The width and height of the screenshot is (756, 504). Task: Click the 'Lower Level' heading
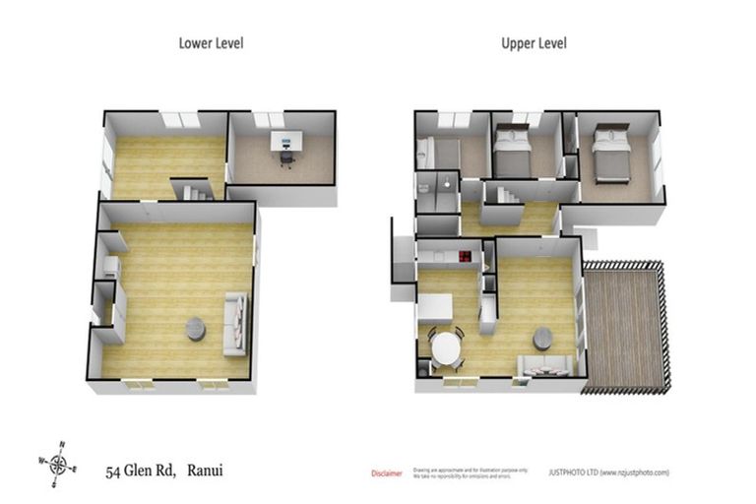211,43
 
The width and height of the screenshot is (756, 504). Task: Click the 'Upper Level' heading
534,43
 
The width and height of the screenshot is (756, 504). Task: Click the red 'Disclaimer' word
386,473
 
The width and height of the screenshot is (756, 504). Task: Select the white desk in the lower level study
286,141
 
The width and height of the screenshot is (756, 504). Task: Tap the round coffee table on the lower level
196,329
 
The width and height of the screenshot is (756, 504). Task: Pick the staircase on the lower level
191,189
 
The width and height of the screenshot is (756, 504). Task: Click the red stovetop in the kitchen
464,258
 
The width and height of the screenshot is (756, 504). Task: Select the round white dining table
448,347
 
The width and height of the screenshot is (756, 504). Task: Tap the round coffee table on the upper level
543,339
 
